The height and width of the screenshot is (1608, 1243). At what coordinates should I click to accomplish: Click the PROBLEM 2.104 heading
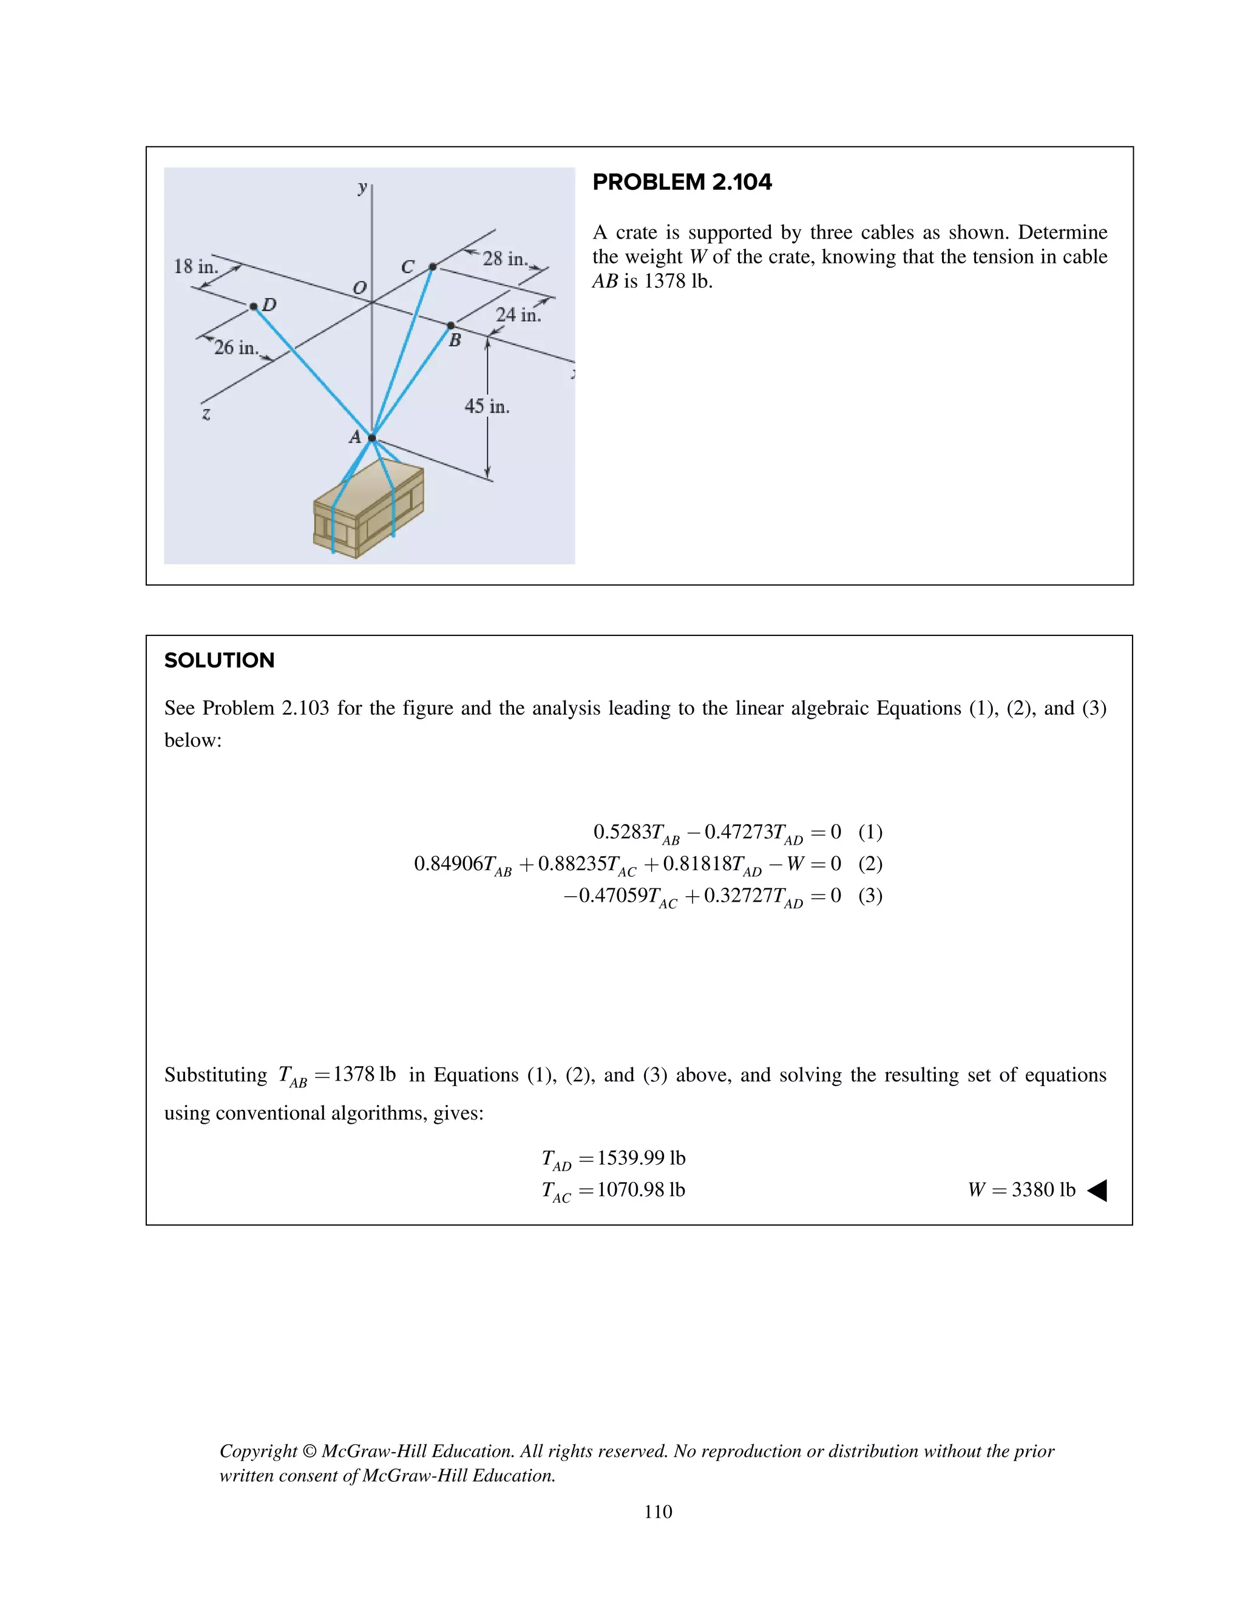[682, 182]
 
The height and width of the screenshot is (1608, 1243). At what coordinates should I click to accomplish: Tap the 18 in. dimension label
[195, 266]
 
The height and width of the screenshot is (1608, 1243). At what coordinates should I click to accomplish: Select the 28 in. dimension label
[504, 258]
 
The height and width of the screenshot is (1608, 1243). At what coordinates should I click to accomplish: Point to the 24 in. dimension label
[518, 315]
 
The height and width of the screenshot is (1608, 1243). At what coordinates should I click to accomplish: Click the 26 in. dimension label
[235, 348]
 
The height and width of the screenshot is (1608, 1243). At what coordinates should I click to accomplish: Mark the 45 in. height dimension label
[487, 407]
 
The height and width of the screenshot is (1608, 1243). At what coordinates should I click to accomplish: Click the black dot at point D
[253, 306]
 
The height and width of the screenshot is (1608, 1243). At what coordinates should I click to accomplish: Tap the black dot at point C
[433, 266]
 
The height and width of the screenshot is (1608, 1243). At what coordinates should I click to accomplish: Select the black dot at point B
[451, 325]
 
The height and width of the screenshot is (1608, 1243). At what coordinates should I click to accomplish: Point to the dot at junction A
[372, 438]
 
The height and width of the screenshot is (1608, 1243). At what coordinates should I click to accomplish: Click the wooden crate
[368, 508]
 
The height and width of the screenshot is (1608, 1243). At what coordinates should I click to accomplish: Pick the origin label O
[359, 288]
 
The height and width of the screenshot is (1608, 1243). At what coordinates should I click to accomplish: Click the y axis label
[362, 187]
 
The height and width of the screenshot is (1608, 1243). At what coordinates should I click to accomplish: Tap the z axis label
[206, 414]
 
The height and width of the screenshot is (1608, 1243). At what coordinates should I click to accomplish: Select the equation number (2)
[870, 863]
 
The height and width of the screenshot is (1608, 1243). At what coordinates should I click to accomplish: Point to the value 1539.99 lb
[641, 1158]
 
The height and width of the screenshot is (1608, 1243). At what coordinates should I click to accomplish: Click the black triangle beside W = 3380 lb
[1097, 1191]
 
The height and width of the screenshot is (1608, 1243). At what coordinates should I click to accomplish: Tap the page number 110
[657, 1512]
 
